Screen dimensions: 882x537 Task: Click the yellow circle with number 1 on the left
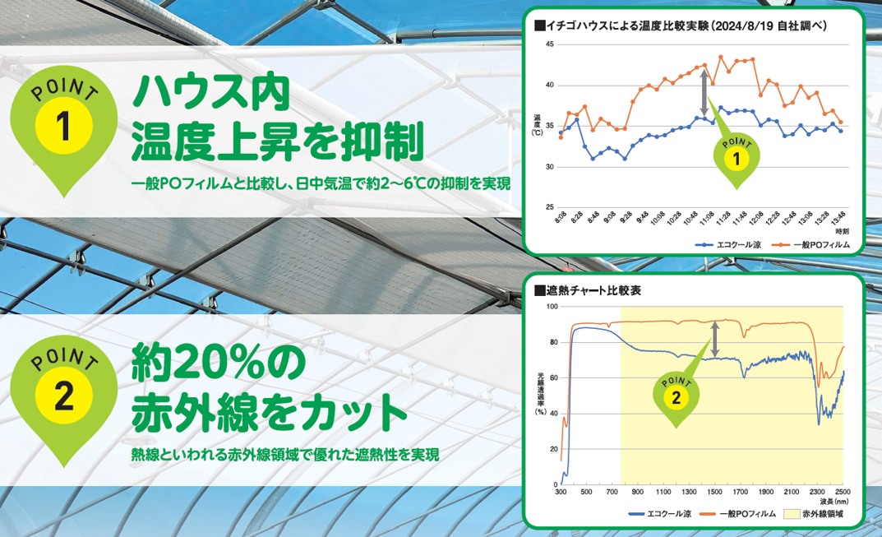[63, 125]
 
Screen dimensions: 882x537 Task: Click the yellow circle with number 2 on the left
[63, 396]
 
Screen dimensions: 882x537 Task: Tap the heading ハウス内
[211, 94]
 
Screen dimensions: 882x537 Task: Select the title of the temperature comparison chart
[681, 25]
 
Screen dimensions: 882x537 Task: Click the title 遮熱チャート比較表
[587, 290]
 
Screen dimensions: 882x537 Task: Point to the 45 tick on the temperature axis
[550, 44]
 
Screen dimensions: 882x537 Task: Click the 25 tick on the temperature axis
[550, 207]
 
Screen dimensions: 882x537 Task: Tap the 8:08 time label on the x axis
[561, 218]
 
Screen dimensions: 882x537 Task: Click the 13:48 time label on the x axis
[838, 218]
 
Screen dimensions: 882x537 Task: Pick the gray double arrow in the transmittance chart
[714, 339]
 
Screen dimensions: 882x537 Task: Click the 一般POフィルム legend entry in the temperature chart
[810, 245]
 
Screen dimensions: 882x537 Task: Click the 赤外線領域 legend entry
[814, 514]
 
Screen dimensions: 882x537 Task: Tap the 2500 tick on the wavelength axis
[842, 492]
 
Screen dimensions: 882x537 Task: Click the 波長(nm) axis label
[834, 502]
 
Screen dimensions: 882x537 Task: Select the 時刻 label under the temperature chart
[842, 231]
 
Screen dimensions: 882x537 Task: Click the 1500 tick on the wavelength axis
[714, 492]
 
